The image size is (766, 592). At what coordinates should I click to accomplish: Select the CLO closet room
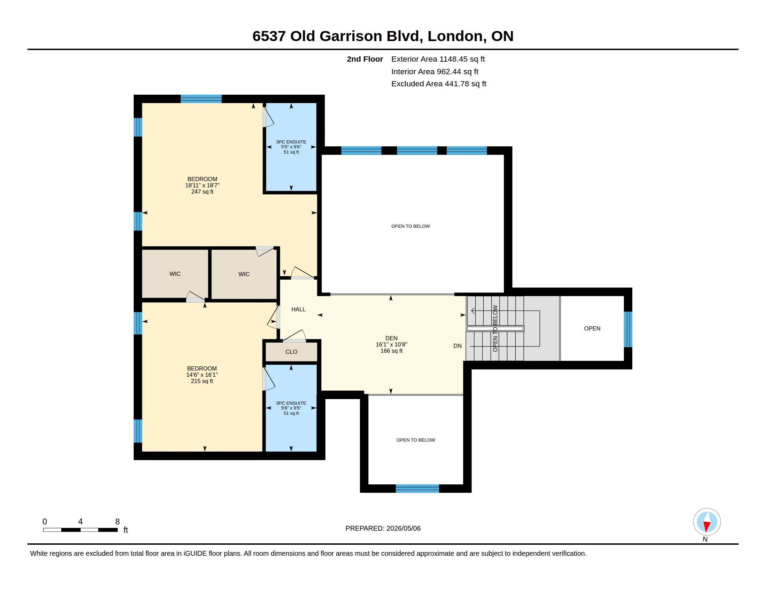tap(291, 352)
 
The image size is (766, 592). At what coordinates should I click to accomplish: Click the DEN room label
tap(391, 344)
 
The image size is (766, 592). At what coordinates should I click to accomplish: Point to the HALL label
tap(298, 309)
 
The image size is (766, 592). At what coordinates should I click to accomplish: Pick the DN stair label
tap(458, 346)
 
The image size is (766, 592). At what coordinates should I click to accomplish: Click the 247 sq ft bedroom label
tap(202, 185)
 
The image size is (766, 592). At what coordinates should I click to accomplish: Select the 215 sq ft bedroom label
tap(202, 375)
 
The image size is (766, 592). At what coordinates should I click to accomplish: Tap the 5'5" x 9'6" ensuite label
tap(291, 147)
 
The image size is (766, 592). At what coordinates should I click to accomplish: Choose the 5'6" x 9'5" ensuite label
tap(291, 408)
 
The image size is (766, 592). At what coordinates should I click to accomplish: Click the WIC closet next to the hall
tap(244, 274)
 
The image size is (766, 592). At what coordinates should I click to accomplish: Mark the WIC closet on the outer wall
tap(175, 274)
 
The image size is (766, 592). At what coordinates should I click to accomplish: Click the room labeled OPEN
tap(592, 328)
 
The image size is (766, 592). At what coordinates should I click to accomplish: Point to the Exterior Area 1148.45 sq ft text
tap(438, 59)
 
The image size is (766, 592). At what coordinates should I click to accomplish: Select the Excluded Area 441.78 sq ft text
tap(439, 84)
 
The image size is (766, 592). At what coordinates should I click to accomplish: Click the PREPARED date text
tap(383, 528)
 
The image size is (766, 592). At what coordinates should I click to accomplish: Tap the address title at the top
tap(383, 36)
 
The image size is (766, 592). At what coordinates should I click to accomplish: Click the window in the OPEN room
tap(628, 329)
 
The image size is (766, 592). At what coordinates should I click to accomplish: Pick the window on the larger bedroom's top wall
tap(201, 99)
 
